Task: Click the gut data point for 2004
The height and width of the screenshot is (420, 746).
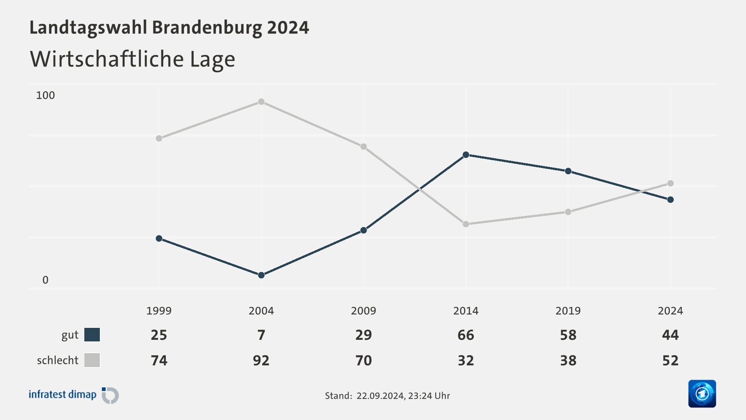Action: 261,275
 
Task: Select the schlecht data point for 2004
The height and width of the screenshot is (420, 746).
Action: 261,102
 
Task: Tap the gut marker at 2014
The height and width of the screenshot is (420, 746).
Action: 466,155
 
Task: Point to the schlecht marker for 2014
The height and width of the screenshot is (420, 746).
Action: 466,224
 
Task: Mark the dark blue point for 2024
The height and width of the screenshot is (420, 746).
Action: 670,199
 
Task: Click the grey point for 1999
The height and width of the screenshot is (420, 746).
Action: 159,138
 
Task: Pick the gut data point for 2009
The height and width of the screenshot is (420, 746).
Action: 364,230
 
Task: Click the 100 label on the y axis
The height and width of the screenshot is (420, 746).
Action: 45,95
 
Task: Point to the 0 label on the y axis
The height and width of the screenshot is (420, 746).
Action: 45,280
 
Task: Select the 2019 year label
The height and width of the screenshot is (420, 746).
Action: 568,311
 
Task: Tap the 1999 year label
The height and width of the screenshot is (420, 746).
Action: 159,311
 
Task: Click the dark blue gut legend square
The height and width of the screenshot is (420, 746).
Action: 92,334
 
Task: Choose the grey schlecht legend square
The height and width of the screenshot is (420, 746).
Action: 92,360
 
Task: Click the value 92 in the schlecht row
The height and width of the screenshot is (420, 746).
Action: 261,360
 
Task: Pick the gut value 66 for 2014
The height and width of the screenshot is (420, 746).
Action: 466,335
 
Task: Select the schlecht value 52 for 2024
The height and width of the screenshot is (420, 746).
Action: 670,360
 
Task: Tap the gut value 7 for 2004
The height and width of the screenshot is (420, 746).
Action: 261,335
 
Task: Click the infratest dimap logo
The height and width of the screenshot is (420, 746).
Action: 74,395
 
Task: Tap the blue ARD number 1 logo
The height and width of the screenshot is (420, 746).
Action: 702,394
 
